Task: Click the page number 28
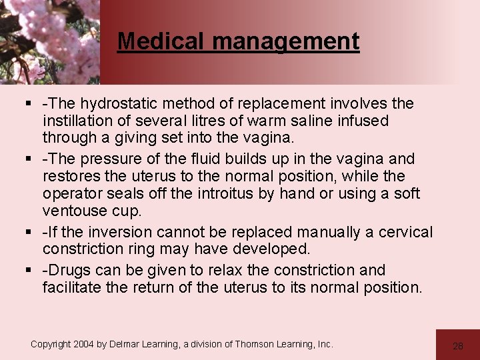pos(457,345)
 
